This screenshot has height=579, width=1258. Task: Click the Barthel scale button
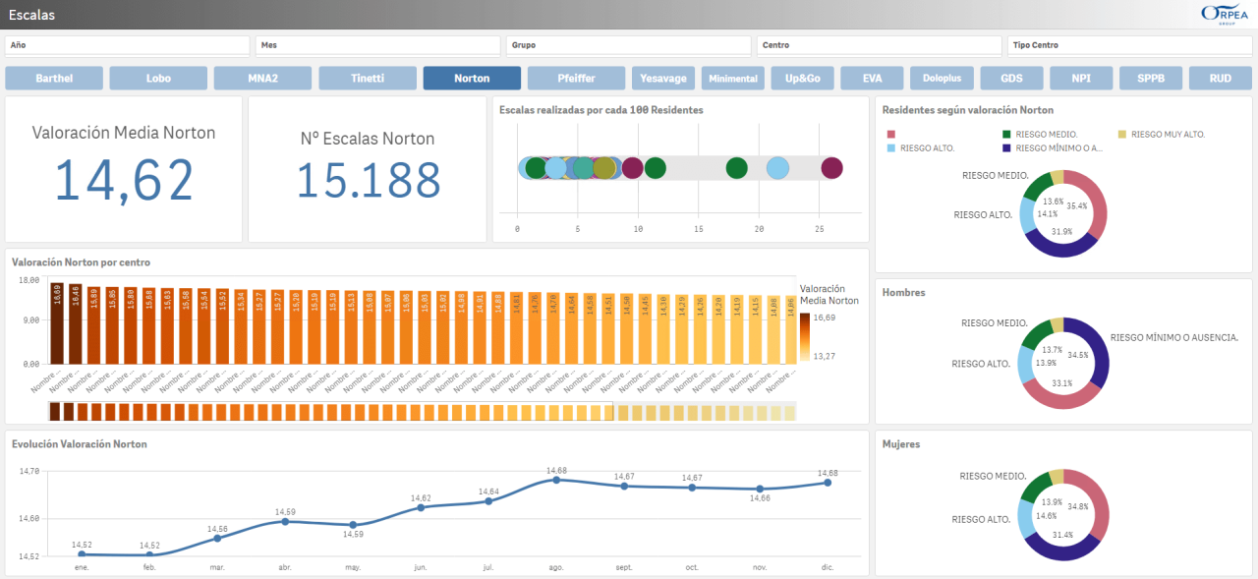click(54, 79)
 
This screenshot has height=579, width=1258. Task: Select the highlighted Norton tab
click(472, 79)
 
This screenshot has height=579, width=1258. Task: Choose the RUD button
click(1220, 79)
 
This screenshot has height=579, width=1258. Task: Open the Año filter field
click(128, 45)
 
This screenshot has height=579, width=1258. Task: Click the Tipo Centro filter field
click(1130, 45)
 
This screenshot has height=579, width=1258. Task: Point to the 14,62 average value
click(124, 180)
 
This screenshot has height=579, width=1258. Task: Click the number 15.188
click(369, 180)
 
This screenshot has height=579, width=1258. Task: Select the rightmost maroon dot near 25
click(831, 168)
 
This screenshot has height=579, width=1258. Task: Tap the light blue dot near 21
click(777, 168)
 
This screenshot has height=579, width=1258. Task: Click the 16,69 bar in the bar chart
click(57, 324)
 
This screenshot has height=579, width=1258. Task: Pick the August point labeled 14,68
click(557, 480)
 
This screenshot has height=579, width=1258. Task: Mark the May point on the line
click(353, 525)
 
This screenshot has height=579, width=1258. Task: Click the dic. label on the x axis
click(828, 567)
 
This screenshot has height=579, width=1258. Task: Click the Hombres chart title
click(903, 293)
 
